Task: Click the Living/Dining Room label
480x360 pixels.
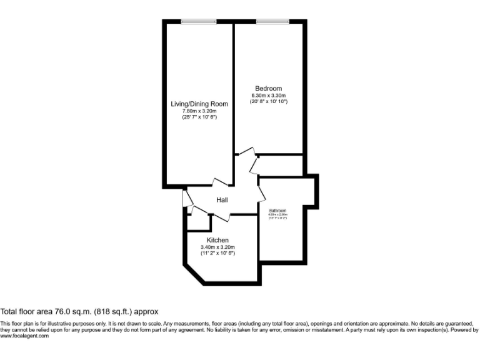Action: [x=199, y=104]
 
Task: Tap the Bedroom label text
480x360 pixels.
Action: [x=268, y=88]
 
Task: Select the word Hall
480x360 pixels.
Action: [x=222, y=200]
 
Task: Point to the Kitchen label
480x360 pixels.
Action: [x=217, y=240]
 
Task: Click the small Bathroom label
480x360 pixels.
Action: [x=277, y=211]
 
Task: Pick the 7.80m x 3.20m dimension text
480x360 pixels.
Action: [x=199, y=111]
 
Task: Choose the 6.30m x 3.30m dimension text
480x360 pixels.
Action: [x=268, y=95]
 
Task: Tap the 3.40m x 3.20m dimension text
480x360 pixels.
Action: [x=217, y=247]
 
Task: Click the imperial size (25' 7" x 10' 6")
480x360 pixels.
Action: [x=199, y=117]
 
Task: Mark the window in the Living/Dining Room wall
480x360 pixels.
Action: [x=199, y=22]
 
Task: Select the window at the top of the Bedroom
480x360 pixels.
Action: [x=272, y=22]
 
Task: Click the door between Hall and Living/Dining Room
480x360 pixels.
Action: [x=221, y=182]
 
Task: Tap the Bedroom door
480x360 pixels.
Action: [x=246, y=153]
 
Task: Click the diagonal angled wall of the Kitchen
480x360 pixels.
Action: [x=193, y=271]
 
